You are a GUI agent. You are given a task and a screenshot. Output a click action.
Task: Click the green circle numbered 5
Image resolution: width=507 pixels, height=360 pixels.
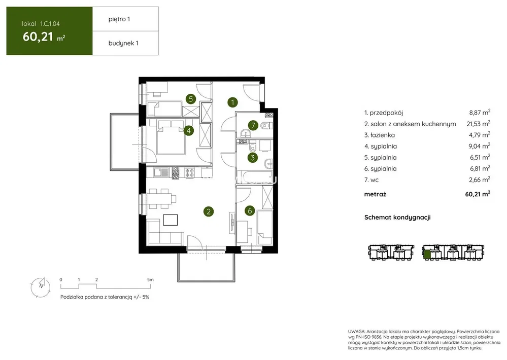(x=191, y=99)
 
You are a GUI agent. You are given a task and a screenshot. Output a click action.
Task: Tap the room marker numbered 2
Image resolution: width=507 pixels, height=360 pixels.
(x=209, y=211)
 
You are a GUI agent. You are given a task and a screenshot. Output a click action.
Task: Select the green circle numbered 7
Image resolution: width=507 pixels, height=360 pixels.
(x=253, y=125)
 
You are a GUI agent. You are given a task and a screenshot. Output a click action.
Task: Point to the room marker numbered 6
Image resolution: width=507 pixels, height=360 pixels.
(x=250, y=211)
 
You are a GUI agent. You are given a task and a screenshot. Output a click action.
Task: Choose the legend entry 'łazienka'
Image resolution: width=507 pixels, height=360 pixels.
(x=383, y=135)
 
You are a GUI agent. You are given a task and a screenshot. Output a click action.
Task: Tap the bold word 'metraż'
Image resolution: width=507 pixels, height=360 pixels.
(x=375, y=194)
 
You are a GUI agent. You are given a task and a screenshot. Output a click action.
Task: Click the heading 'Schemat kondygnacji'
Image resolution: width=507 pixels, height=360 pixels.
(x=397, y=218)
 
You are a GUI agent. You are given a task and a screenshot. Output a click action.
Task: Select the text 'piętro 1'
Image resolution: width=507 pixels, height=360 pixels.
(x=119, y=19)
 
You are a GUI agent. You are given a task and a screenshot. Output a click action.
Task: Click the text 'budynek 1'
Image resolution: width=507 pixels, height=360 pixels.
(x=123, y=43)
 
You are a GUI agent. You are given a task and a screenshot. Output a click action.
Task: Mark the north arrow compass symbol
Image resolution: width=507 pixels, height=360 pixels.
(x=41, y=286)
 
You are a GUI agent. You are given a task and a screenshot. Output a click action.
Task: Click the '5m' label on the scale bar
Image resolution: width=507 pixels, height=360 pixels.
(x=150, y=279)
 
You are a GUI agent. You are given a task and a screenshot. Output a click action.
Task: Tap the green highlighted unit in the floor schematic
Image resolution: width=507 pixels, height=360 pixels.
(x=427, y=255)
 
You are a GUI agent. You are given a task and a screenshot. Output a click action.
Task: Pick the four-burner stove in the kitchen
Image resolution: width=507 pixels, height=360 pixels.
(x=190, y=173)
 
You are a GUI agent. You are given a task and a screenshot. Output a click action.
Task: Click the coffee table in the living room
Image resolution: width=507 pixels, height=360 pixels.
(x=171, y=220)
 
